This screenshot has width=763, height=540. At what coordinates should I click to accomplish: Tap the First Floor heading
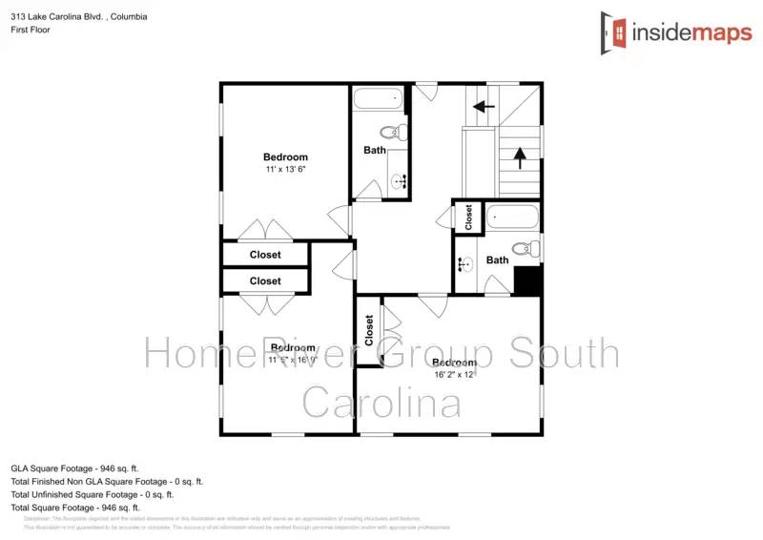coord(31,30)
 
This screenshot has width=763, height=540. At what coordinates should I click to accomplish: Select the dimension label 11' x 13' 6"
coord(286,169)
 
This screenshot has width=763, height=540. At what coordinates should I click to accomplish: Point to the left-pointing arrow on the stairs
coord(485,107)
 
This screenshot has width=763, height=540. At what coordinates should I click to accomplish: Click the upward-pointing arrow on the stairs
coord(520,153)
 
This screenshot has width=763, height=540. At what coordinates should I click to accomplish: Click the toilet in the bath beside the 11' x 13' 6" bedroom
coord(394,133)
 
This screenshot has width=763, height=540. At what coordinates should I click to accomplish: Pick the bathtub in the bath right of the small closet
coord(512,218)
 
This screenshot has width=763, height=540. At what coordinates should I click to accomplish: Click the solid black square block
coord(527,280)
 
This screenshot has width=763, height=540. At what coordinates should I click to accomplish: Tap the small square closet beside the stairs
coord(468,218)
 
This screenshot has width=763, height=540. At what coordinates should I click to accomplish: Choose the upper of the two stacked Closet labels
coord(265,255)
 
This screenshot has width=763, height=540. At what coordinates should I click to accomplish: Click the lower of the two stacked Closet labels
coord(265,280)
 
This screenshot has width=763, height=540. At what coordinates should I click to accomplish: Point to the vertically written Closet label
coord(369,330)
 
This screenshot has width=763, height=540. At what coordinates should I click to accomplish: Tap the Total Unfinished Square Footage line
coord(92,494)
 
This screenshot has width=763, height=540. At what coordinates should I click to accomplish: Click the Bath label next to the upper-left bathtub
coord(375,150)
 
